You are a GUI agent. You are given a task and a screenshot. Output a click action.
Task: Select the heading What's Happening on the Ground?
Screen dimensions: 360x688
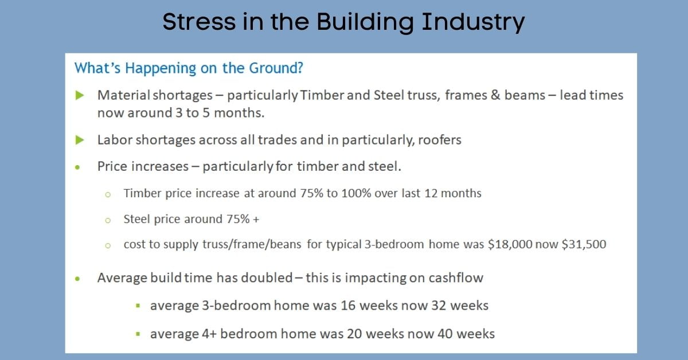(189, 68)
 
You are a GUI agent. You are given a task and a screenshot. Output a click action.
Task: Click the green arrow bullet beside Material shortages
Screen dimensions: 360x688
(80, 95)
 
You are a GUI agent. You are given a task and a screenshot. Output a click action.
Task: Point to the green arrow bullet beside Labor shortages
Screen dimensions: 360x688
(80, 139)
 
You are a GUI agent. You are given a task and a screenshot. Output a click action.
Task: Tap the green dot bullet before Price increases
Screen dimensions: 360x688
(79, 167)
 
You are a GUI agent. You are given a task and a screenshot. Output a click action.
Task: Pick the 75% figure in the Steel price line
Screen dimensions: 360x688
(236, 219)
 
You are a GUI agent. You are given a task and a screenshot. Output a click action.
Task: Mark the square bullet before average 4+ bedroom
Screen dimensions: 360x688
(138, 334)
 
